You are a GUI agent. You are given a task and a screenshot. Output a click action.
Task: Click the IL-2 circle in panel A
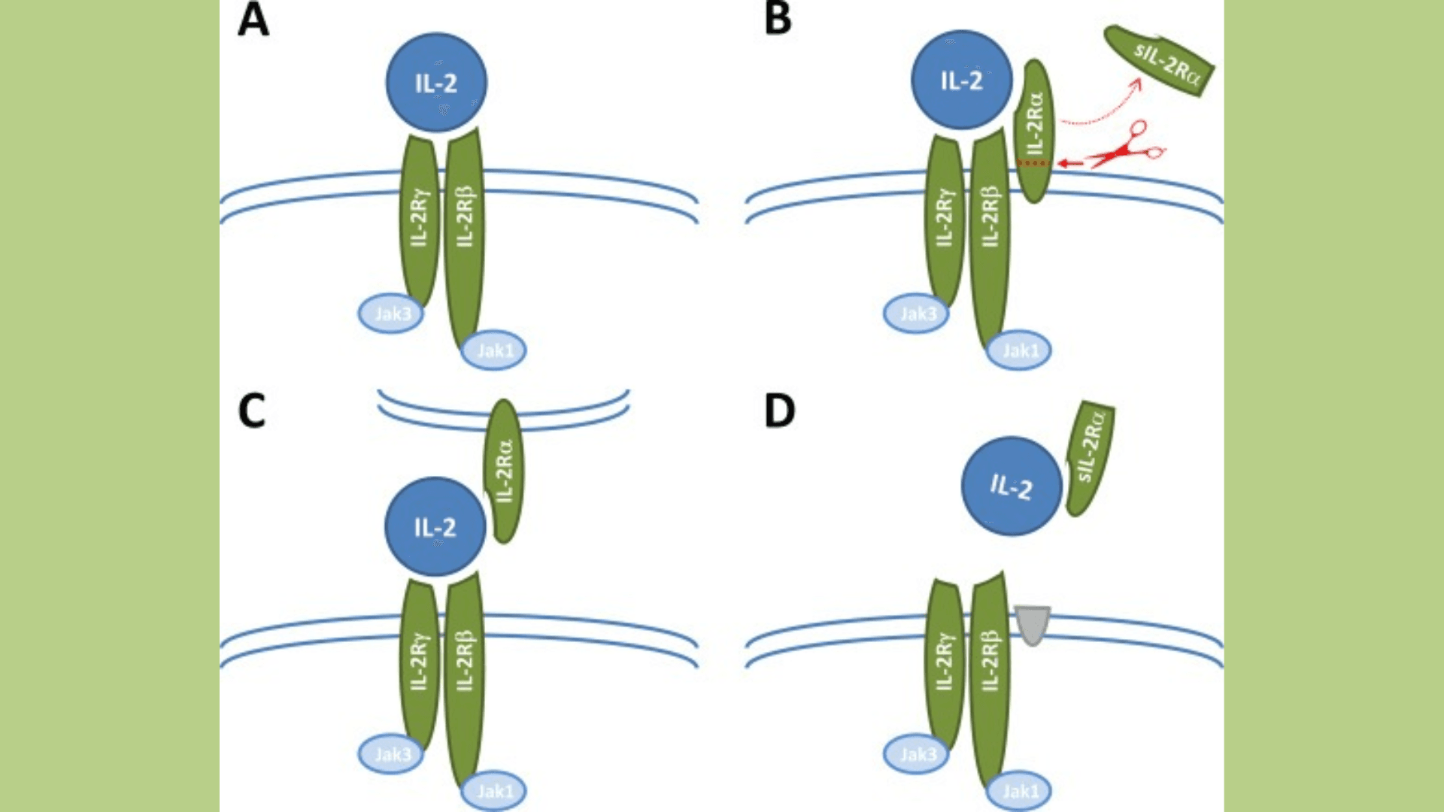point(436,82)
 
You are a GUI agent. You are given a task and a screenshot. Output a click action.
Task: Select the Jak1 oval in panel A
point(494,350)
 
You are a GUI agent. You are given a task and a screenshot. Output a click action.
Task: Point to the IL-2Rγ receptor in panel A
point(420,218)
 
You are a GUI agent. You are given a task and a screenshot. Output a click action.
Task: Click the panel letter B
point(778,20)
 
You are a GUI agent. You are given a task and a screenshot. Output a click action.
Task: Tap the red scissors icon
point(1128,147)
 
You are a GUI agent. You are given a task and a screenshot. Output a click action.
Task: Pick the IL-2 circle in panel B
point(961,80)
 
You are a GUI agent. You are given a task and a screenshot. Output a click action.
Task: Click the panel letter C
point(252,411)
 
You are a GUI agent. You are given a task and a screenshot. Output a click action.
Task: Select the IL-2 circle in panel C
point(435,527)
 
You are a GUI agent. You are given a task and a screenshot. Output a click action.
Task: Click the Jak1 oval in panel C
point(494,791)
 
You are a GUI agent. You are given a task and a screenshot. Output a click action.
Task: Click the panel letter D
point(779,411)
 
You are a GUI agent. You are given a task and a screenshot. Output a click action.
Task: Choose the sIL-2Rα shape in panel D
point(1090,459)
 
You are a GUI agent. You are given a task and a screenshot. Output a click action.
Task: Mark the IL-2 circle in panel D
point(1012,486)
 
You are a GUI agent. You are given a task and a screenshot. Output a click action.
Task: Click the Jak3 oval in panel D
point(915,754)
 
